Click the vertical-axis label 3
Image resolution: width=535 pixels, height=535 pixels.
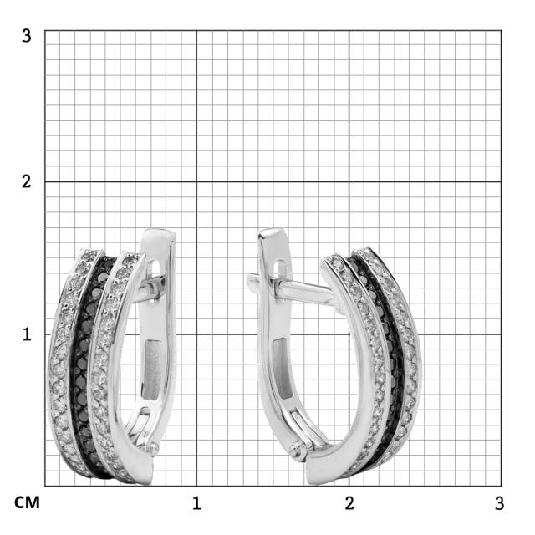point(26,36)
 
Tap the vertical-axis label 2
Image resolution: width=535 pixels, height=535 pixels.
point(26,181)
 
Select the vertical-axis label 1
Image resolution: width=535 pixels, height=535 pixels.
point(27,334)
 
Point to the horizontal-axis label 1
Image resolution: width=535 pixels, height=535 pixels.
point(196,503)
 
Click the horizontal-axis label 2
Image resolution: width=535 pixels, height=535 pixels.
point(349,503)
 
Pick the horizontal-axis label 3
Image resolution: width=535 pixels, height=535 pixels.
point(499,503)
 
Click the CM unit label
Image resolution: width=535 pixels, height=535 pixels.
point(27,503)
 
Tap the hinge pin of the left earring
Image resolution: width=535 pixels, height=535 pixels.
point(153,447)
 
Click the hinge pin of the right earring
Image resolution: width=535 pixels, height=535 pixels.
point(298,447)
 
